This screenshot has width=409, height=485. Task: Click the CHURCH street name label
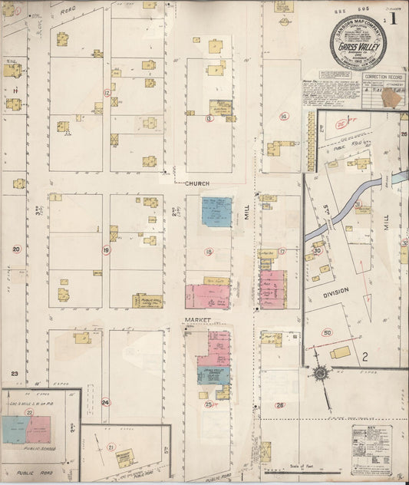click(x=196, y=183)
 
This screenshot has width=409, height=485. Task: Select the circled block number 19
click(x=106, y=250)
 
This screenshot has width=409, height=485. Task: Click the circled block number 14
click(x=284, y=117)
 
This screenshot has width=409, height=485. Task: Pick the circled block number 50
click(x=327, y=332)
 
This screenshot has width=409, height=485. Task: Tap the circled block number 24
click(x=105, y=401)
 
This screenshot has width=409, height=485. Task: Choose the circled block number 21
click(x=110, y=447)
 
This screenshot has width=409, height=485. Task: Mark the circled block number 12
click(x=108, y=93)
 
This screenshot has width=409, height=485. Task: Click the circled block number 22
click(x=29, y=412)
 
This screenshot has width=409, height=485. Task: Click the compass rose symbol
click(x=320, y=374)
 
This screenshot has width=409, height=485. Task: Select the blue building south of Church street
click(x=216, y=211)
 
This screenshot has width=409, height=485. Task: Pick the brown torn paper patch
click(x=392, y=97)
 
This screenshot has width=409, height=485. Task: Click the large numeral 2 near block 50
click(x=365, y=355)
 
